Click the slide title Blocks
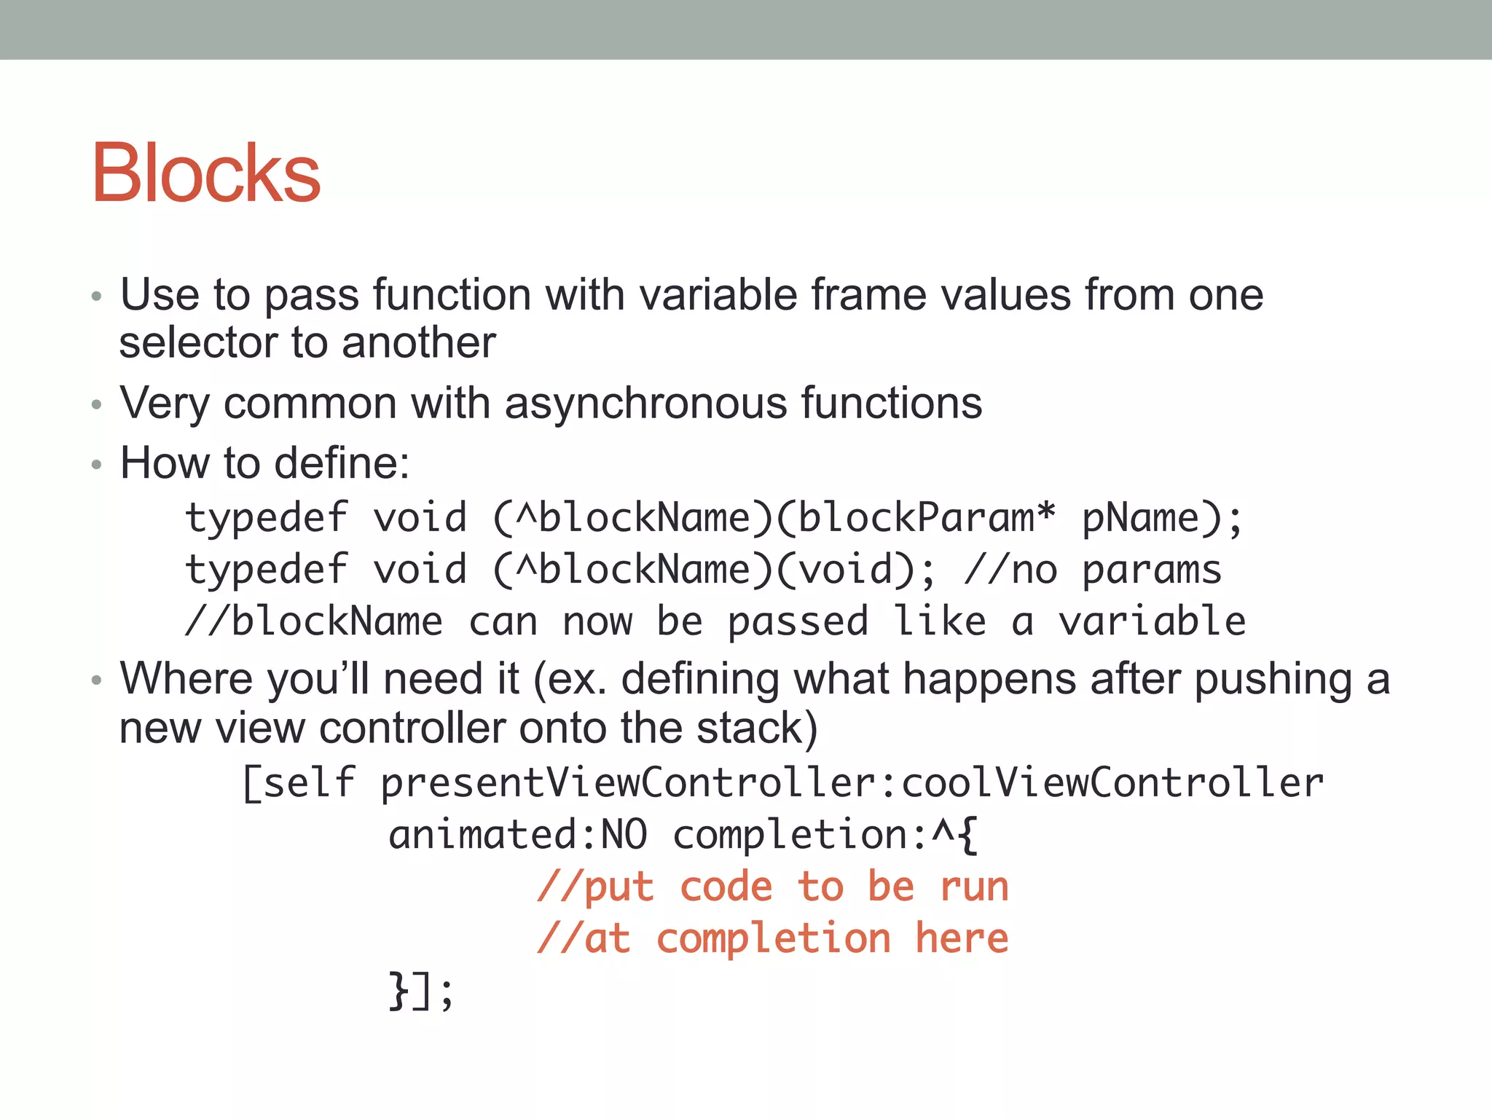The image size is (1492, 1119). coord(205,173)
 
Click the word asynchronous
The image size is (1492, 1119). coord(645,403)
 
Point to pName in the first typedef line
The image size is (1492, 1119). coord(1140,519)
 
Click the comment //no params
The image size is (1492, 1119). coord(1093,570)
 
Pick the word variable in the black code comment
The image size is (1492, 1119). coord(1152,621)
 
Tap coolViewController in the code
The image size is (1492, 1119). coord(1112,783)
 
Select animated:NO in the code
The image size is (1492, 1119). coord(517,835)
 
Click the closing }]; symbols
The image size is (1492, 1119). coord(420,991)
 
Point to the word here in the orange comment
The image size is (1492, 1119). coord(962,938)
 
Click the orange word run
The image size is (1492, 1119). coord(974,887)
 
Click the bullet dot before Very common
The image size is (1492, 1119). coord(96,405)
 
